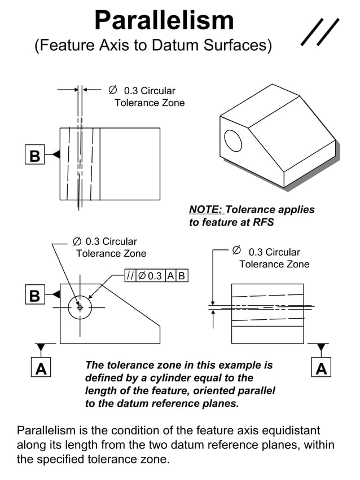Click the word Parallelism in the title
pyautogui.click(x=164, y=21)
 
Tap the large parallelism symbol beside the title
pyautogui.click(x=320, y=32)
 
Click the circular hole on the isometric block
pyautogui.click(x=232, y=140)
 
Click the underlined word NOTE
pyautogui.click(x=206, y=210)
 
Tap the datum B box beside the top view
pyautogui.click(x=35, y=155)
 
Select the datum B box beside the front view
pyautogui.click(x=35, y=295)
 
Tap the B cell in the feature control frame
pyautogui.click(x=182, y=276)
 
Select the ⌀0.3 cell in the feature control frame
pyautogui.click(x=150, y=276)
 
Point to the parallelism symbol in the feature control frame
pyautogui.click(x=130, y=276)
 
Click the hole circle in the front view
pyautogui.click(x=80, y=307)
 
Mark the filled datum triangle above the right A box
pyautogui.click(x=321, y=347)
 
